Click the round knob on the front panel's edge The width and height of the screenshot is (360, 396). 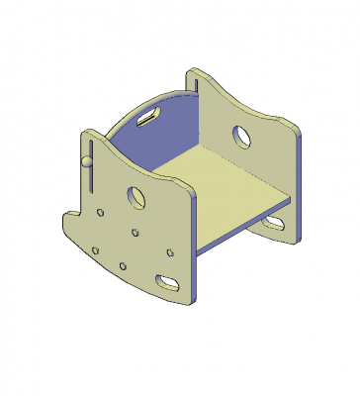click(86, 160)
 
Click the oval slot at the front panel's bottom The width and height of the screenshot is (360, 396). click(169, 282)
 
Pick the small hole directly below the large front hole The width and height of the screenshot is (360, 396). click(135, 234)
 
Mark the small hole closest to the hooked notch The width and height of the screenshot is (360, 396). click(102, 212)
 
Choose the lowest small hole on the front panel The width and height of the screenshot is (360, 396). click(123, 265)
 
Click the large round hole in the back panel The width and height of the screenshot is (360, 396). click(240, 134)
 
